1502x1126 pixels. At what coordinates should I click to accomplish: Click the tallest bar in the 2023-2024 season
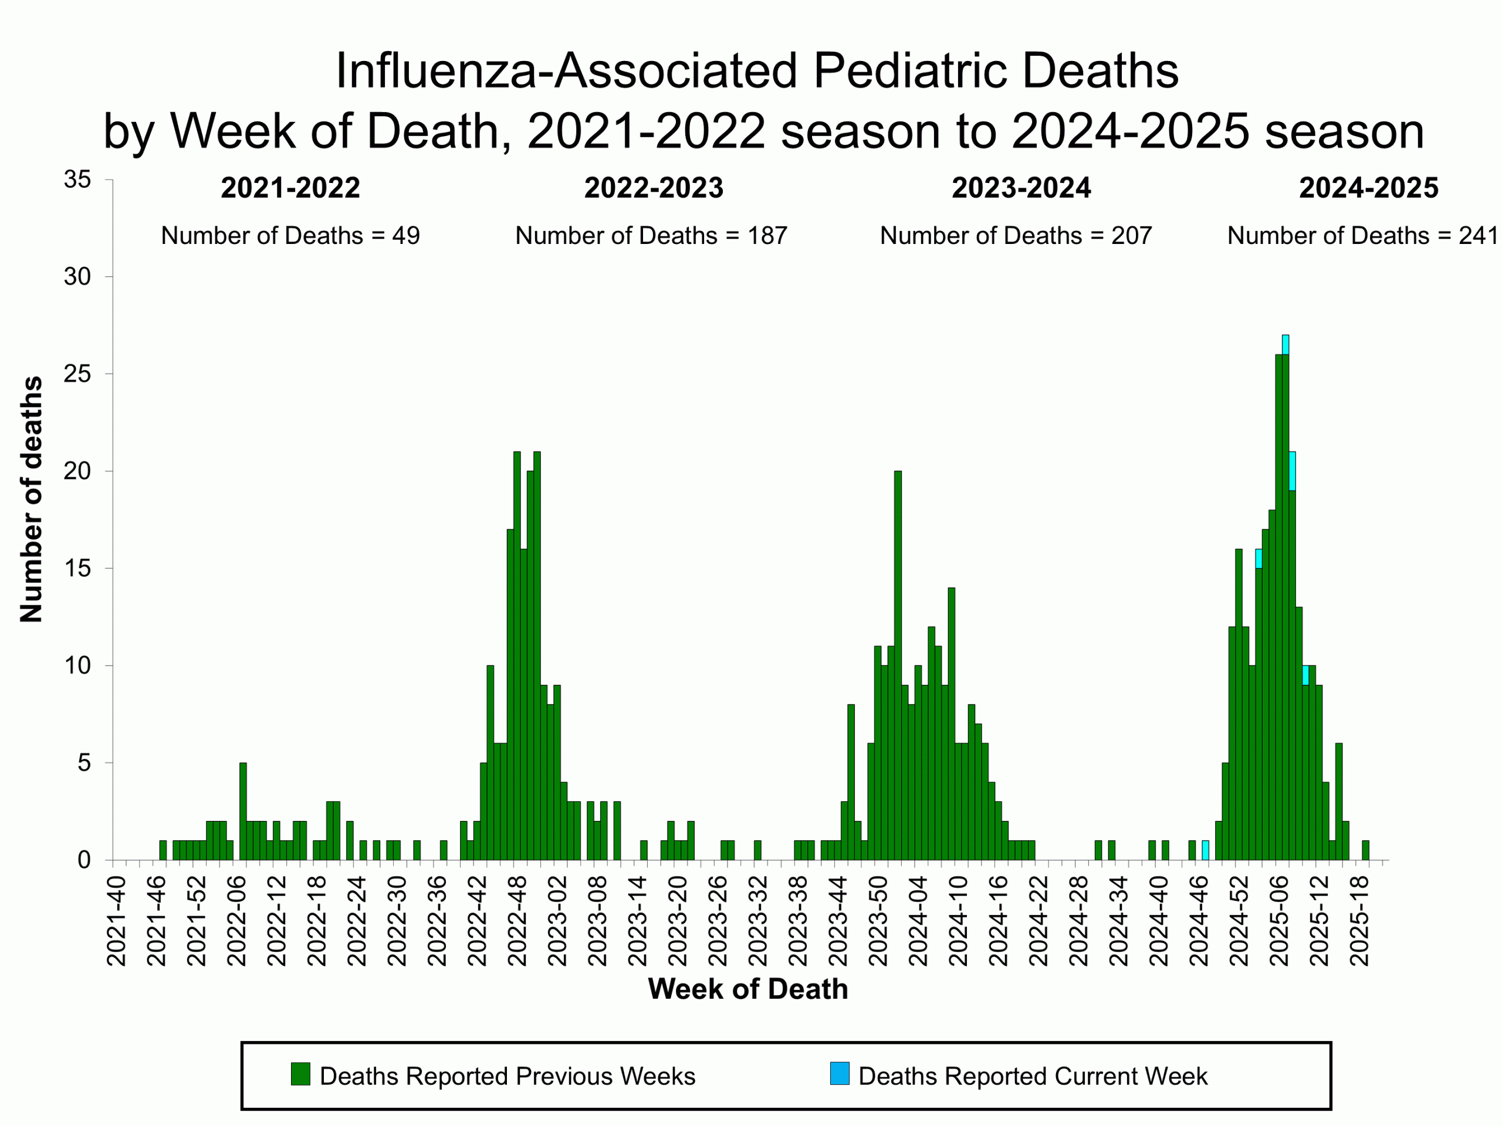(898, 665)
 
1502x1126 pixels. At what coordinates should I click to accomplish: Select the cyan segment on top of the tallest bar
(1286, 345)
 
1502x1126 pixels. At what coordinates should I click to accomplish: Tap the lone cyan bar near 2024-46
(1205, 850)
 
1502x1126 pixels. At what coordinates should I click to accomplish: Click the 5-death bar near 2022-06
(243, 811)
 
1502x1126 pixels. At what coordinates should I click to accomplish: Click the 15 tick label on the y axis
(77, 569)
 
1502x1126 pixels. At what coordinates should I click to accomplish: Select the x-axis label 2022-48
(517, 921)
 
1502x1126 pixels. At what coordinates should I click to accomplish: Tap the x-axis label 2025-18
(1359, 921)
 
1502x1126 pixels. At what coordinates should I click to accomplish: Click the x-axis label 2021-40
(116, 921)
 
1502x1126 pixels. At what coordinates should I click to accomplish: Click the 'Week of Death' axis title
(747, 989)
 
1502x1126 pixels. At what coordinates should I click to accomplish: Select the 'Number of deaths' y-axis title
(31, 499)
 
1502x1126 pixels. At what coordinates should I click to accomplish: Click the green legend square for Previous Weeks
(300, 1074)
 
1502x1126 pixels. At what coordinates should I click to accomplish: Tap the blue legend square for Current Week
(839, 1074)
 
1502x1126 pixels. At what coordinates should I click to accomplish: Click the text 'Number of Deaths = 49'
(290, 236)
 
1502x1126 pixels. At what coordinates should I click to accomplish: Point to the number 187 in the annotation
(767, 236)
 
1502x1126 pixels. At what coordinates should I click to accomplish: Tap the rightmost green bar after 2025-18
(1365, 850)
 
